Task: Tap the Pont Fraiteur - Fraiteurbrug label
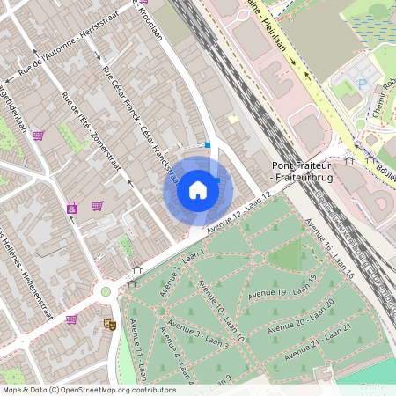click(x=304, y=171)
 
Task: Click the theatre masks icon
click(x=110, y=324)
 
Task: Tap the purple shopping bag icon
click(x=71, y=209)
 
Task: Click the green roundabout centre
click(x=106, y=291)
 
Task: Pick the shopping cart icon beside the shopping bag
click(x=97, y=206)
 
